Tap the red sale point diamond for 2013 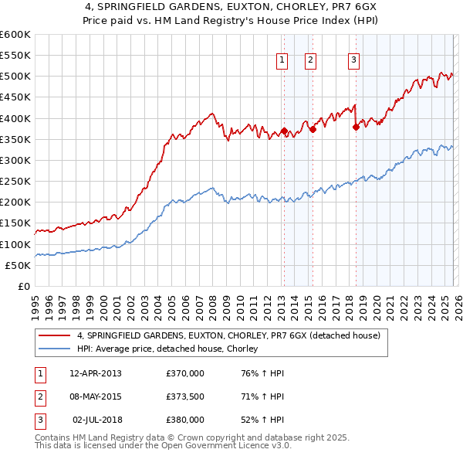284,131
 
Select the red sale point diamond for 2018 356,127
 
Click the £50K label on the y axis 18,265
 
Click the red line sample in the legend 56,336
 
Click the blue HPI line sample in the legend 56,349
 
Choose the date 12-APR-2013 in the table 95,373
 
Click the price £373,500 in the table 185,396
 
